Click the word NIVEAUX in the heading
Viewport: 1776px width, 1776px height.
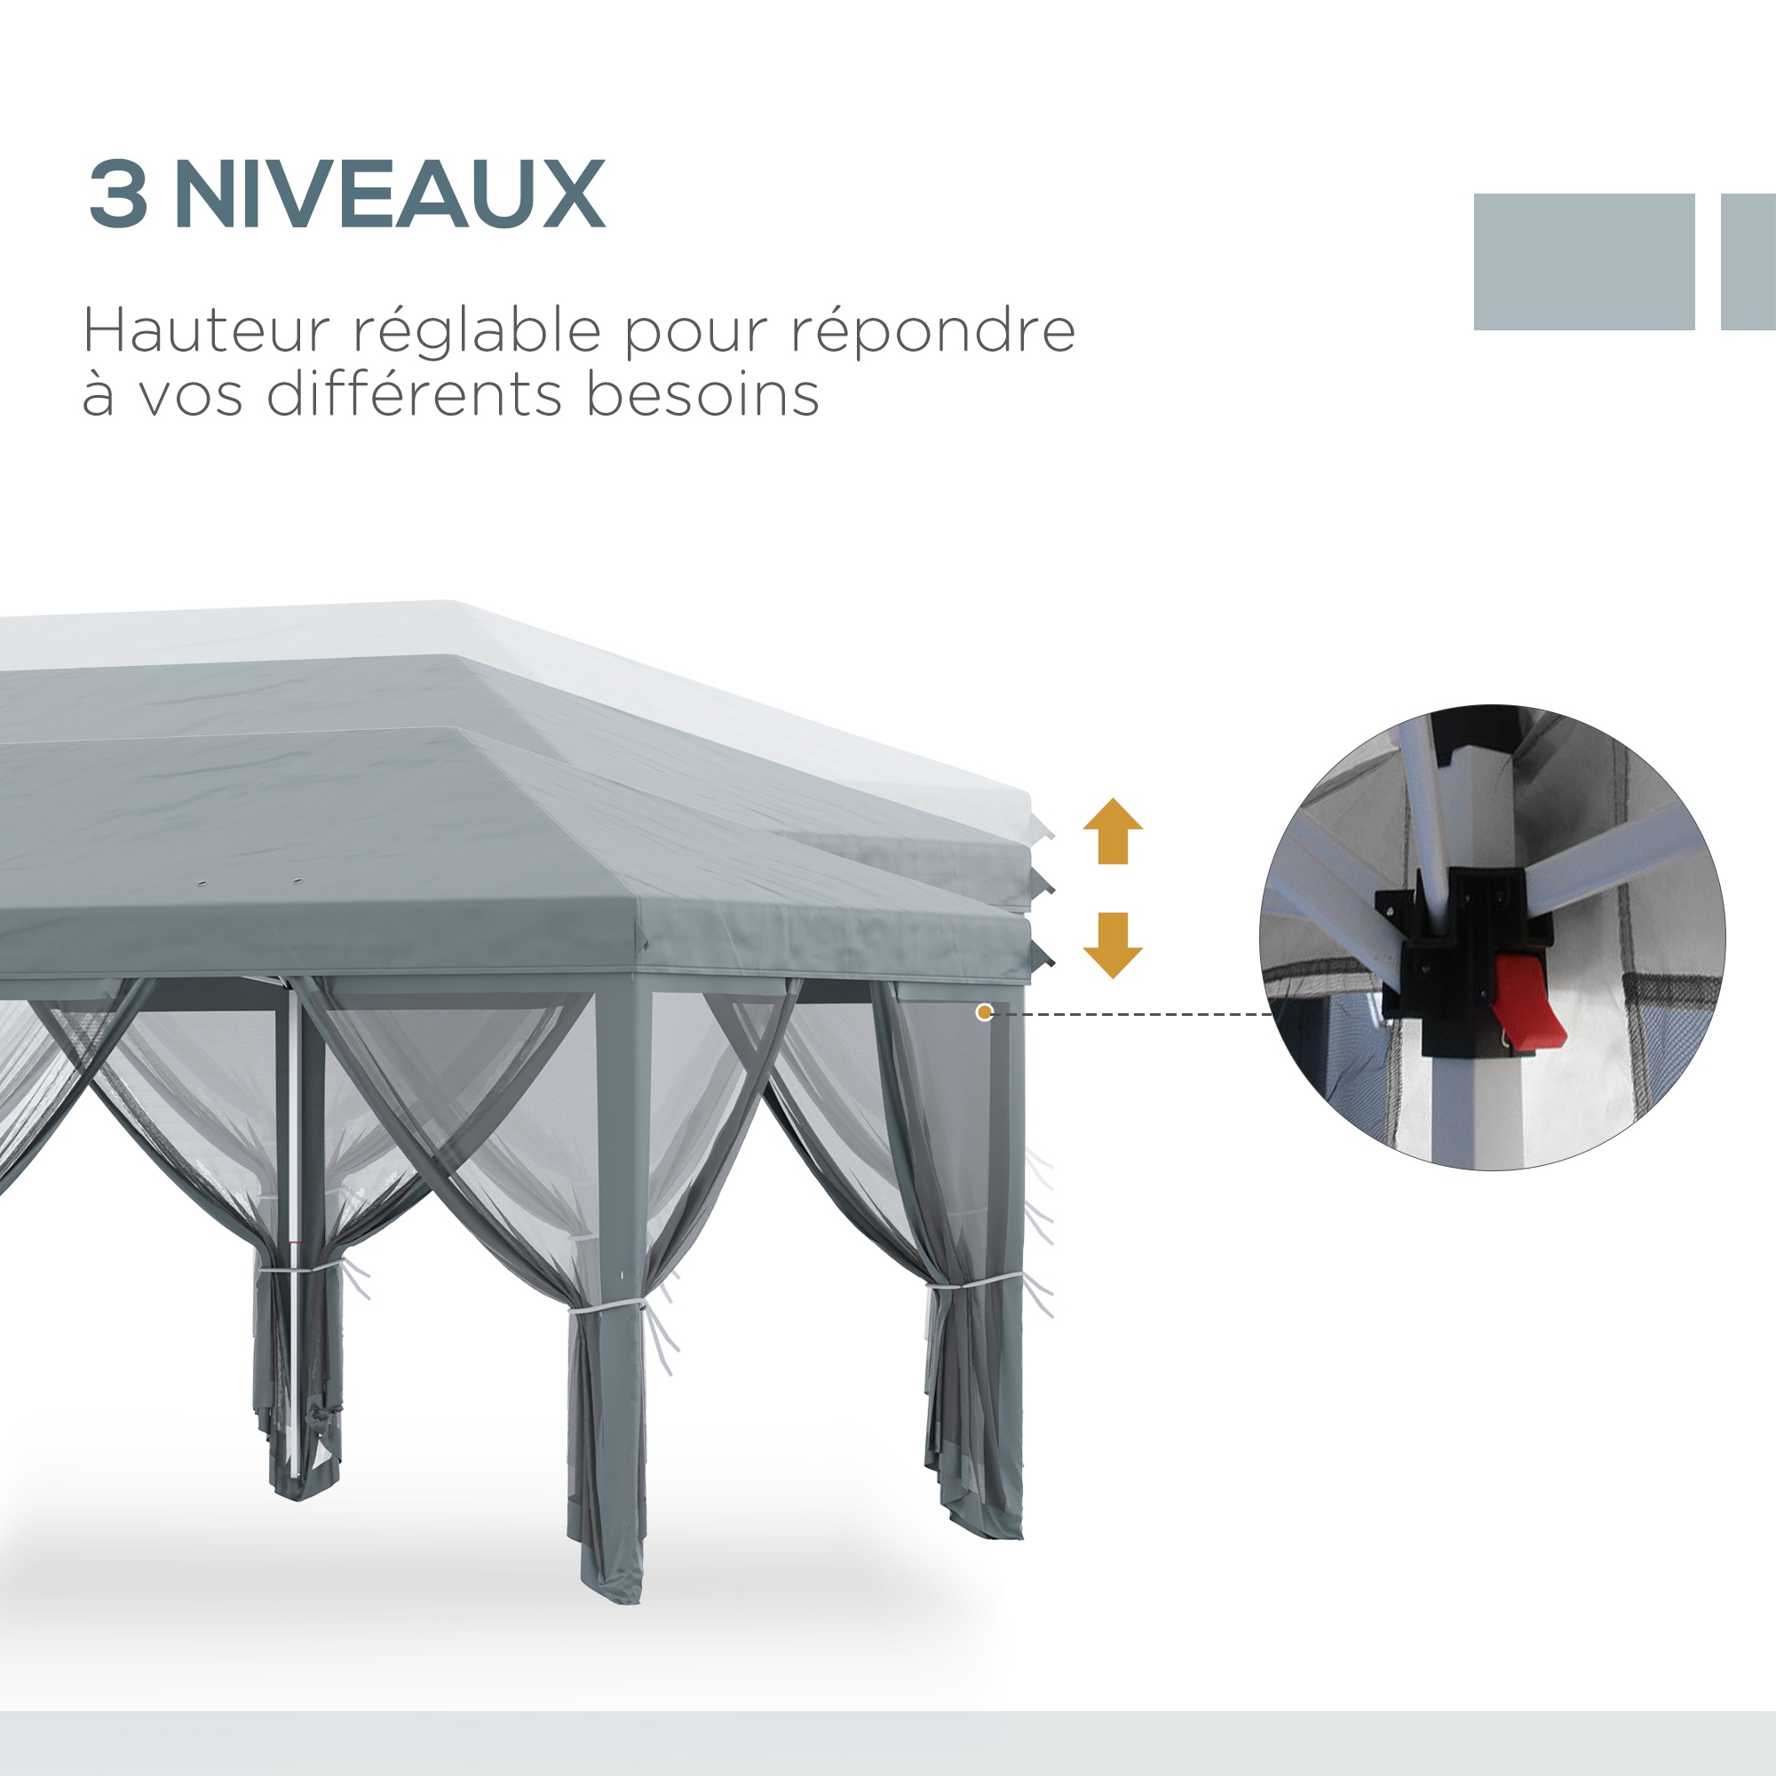coord(390,194)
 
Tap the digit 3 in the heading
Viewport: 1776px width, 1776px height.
coord(119,194)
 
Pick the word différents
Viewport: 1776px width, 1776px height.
coord(414,394)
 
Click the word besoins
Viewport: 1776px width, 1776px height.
coord(702,394)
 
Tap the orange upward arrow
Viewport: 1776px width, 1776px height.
coord(1113,831)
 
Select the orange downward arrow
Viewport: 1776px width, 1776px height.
coord(1113,945)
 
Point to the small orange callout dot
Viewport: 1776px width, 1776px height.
coord(985,1013)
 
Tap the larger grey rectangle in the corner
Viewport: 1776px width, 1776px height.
coord(1584,261)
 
